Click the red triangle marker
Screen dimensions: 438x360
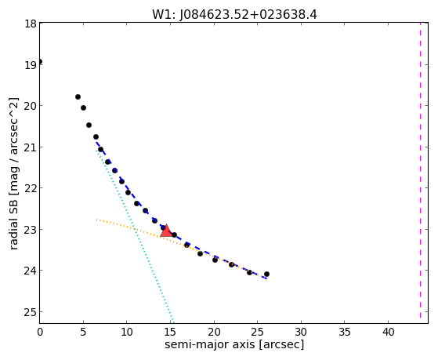[x=166, y=231]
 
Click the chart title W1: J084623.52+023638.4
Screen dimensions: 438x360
[x=234, y=14]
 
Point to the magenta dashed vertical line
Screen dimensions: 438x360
[x=420, y=170]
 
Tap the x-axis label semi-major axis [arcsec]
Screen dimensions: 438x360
[x=234, y=344]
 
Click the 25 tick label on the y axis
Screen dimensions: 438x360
[x=31, y=312]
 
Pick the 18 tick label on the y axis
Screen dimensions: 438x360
[x=31, y=24]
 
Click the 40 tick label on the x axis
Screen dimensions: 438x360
[x=388, y=332]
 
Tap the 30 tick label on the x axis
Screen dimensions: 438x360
[x=301, y=332]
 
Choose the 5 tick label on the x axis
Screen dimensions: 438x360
[x=83, y=332]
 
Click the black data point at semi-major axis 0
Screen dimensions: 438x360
[x=40, y=61]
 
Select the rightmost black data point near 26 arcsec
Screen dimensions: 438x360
[x=266, y=275]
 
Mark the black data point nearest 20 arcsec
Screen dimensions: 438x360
[x=215, y=260]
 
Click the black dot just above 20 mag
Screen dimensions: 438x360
[x=78, y=96]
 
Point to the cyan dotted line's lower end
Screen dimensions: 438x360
[x=173, y=322]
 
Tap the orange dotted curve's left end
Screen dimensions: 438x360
[x=96, y=220]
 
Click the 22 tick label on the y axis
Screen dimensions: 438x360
[x=31, y=188]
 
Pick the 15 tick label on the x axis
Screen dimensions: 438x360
[x=170, y=332]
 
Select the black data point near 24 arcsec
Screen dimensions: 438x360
[x=249, y=272]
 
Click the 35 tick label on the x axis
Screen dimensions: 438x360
[x=345, y=332]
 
